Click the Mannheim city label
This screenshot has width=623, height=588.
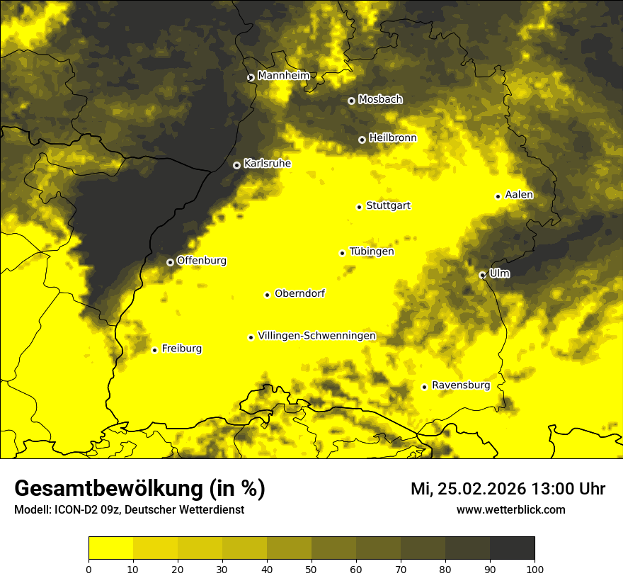[x=283, y=76]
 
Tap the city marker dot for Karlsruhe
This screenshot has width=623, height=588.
[x=236, y=165]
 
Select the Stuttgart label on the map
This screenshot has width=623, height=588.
[x=388, y=206]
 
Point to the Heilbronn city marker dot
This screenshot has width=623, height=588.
[x=362, y=140]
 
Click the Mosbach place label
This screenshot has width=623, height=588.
[x=379, y=100]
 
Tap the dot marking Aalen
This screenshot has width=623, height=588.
[x=498, y=196]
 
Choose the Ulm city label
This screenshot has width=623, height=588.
[x=499, y=273]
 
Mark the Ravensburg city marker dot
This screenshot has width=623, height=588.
[x=424, y=387]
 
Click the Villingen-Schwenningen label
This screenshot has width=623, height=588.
[x=316, y=336]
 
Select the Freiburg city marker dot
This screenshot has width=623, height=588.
[x=154, y=350]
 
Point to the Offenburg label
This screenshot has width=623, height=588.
[x=201, y=261]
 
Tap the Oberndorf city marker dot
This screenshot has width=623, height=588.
[x=267, y=295]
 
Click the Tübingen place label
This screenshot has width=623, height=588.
[x=372, y=251]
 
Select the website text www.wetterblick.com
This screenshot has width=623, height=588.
[x=510, y=510]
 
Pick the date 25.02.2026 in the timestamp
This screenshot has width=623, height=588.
[x=484, y=489]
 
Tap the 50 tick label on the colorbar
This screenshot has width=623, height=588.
[x=311, y=568]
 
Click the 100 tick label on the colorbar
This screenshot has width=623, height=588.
[x=535, y=568]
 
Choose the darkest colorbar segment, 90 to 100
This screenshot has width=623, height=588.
[x=512, y=548]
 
